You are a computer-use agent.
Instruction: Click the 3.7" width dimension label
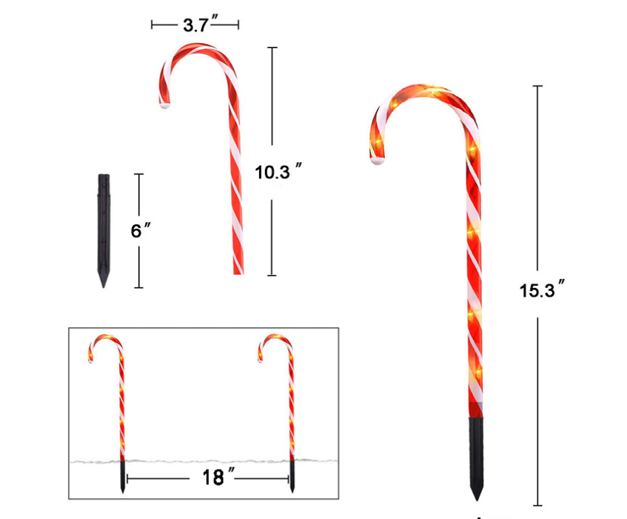click(196, 24)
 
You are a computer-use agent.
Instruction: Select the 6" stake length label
click(138, 230)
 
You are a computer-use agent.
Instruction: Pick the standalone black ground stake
click(104, 230)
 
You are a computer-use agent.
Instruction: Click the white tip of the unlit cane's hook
click(163, 105)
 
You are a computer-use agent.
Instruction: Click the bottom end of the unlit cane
click(238, 272)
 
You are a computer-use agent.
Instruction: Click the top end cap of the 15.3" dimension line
click(538, 87)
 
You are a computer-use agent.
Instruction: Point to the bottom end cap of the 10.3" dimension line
click(272, 275)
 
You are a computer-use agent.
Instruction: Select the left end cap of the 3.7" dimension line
click(152, 24)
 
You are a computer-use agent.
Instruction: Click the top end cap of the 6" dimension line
click(138, 174)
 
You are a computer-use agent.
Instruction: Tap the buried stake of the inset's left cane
click(122, 478)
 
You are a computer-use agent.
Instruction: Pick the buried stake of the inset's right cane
click(293, 478)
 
